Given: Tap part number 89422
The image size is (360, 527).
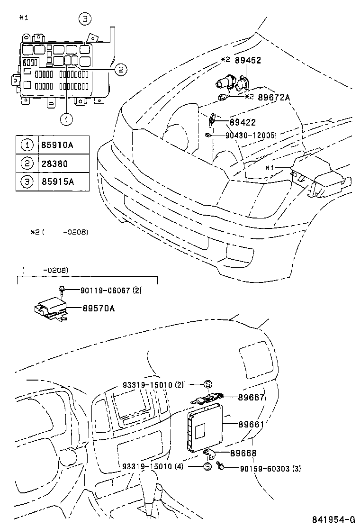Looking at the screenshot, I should coord(242,122).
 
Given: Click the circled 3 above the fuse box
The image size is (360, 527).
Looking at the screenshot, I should coord(84,19).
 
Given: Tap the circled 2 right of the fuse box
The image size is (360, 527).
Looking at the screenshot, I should coord(120,70).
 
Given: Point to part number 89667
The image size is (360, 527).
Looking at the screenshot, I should coord(251,398).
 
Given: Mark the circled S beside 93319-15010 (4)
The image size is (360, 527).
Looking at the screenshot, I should coord(207,466).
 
